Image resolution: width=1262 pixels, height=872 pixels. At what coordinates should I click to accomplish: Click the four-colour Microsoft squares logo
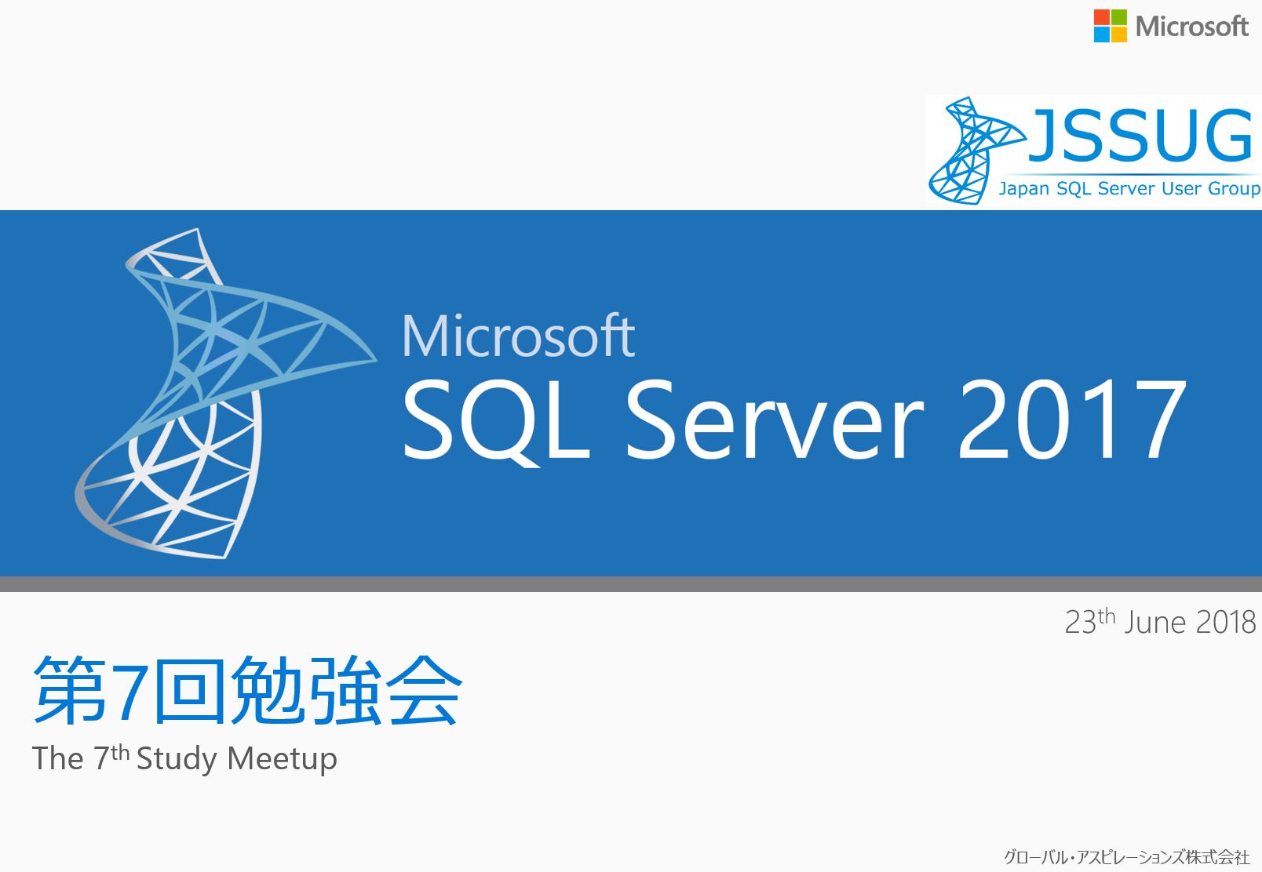pyautogui.click(x=1110, y=26)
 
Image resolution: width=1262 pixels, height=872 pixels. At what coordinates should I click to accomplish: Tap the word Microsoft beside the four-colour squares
pyautogui.click(x=1191, y=27)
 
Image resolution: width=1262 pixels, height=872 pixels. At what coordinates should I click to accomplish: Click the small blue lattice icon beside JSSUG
pyautogui.click(x=976, y=151)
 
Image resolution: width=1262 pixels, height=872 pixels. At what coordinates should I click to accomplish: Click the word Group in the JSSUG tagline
pyautogui.click(x=1234, y=188)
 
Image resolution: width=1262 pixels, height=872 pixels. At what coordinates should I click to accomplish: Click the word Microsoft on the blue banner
pyautogui.click(x=518, y=336)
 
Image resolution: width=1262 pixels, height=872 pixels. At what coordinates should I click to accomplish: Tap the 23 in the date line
pyautogui.click(x=1080, y=623)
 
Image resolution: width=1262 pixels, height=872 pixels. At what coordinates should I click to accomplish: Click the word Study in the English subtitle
pyautogui.click(x=177, y=758)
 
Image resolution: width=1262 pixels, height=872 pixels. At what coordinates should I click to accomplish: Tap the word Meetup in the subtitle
pyautogui.click(x=282, y=759)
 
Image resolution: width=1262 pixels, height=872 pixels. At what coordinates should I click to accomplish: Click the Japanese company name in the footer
pyautogui.click(x=1127, y=857)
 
